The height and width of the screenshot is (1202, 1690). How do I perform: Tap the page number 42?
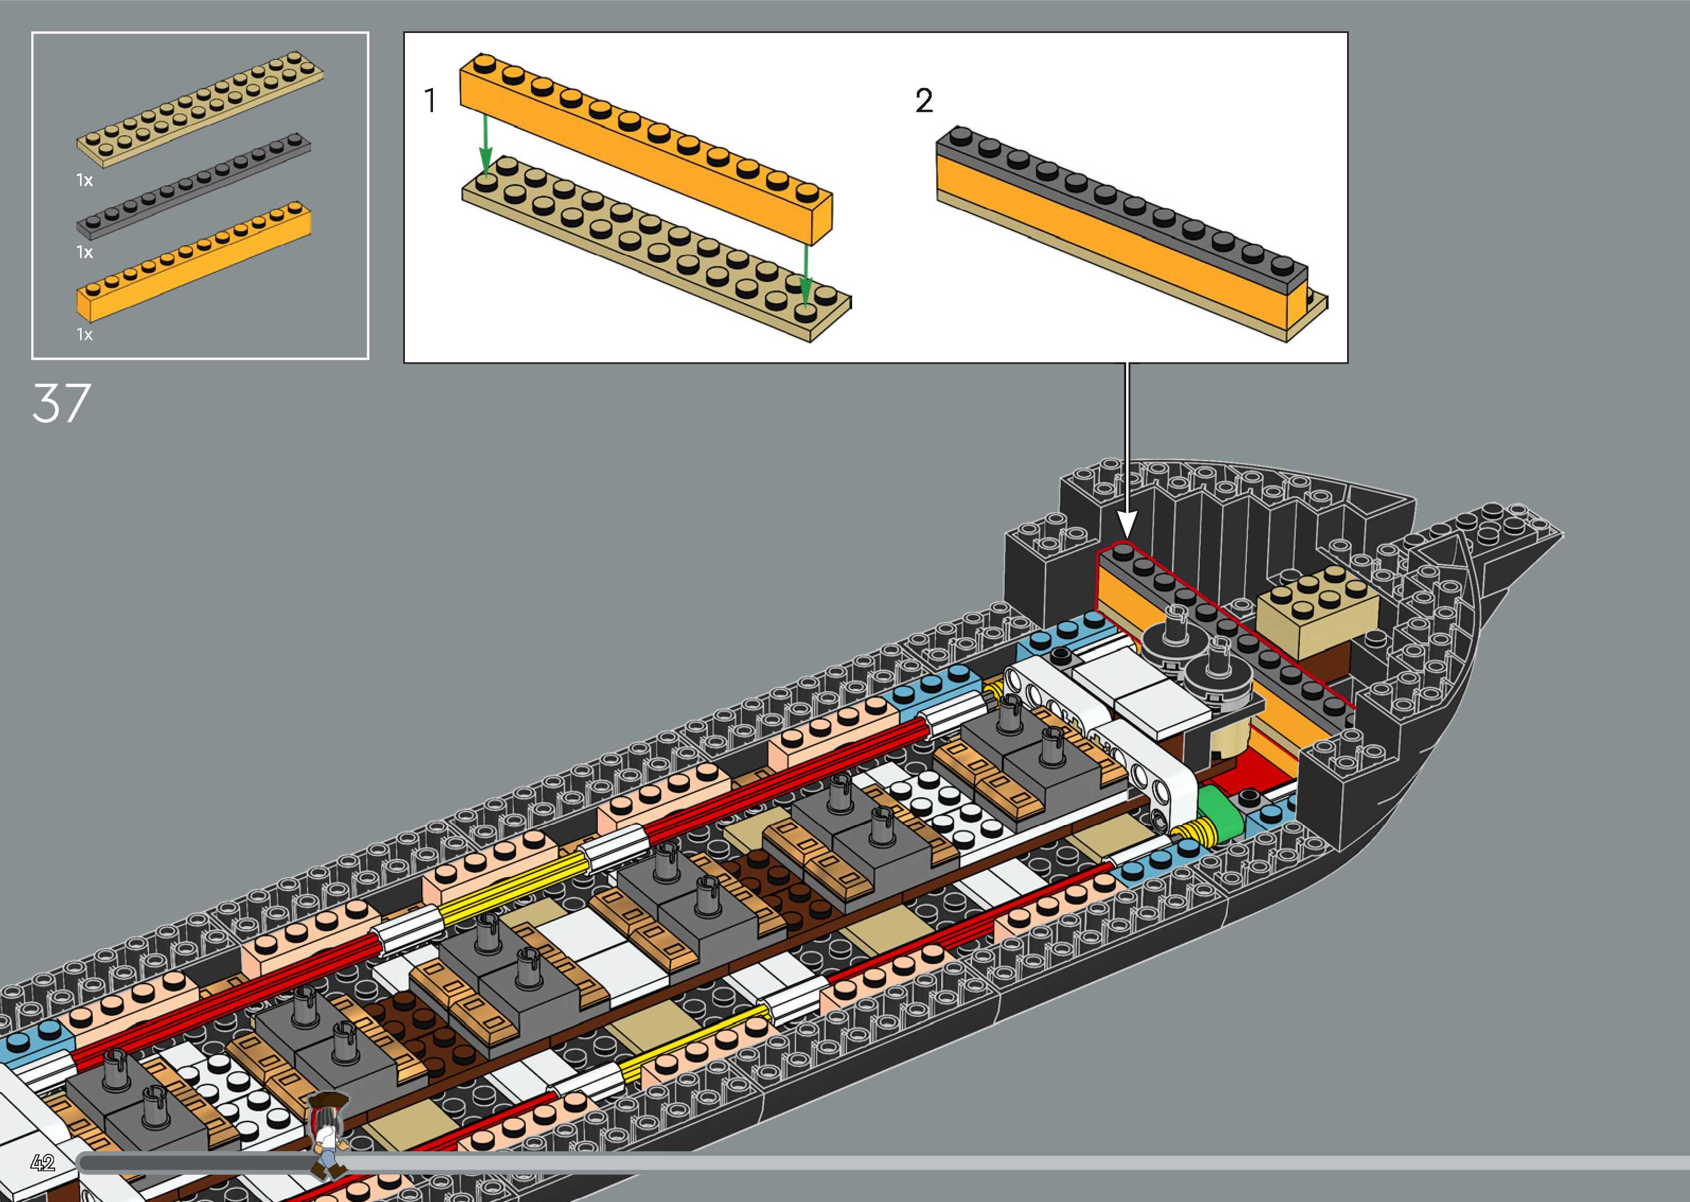43,1163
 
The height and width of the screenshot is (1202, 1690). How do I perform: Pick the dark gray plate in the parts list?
194,187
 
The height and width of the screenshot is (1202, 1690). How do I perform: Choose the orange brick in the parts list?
194,263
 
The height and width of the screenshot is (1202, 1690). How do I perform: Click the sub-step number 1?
430,101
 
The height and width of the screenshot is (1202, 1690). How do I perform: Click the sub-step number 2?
924,101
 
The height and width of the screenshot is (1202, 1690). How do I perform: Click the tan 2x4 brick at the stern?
1317,603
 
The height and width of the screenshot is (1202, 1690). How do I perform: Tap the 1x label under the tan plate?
84,180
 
